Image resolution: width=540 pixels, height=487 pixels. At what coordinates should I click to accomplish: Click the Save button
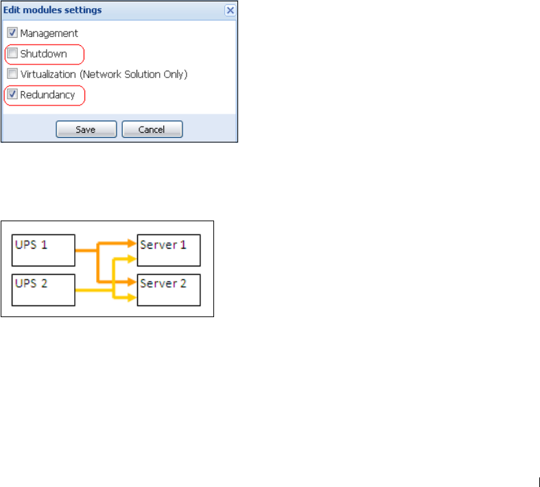coord(86,129)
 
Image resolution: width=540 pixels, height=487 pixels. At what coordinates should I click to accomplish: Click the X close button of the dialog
coord(231,10)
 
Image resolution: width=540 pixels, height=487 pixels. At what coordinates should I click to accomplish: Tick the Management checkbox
coord(12,33)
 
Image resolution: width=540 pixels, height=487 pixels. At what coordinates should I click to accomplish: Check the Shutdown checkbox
coord(12,53)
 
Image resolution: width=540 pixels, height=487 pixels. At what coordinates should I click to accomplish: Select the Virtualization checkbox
coord(12,74)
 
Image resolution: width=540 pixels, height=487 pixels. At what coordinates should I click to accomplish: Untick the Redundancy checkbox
coord(12,95)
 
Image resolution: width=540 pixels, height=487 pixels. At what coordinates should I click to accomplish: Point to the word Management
coord(49,33)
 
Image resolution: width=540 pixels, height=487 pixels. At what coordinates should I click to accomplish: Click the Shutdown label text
coord(43,53)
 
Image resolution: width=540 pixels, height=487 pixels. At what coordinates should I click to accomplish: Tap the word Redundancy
coord(47,95)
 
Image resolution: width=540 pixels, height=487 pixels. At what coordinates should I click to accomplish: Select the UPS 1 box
coord(43,250)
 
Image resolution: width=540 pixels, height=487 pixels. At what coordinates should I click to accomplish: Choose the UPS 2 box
coord(43,289)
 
